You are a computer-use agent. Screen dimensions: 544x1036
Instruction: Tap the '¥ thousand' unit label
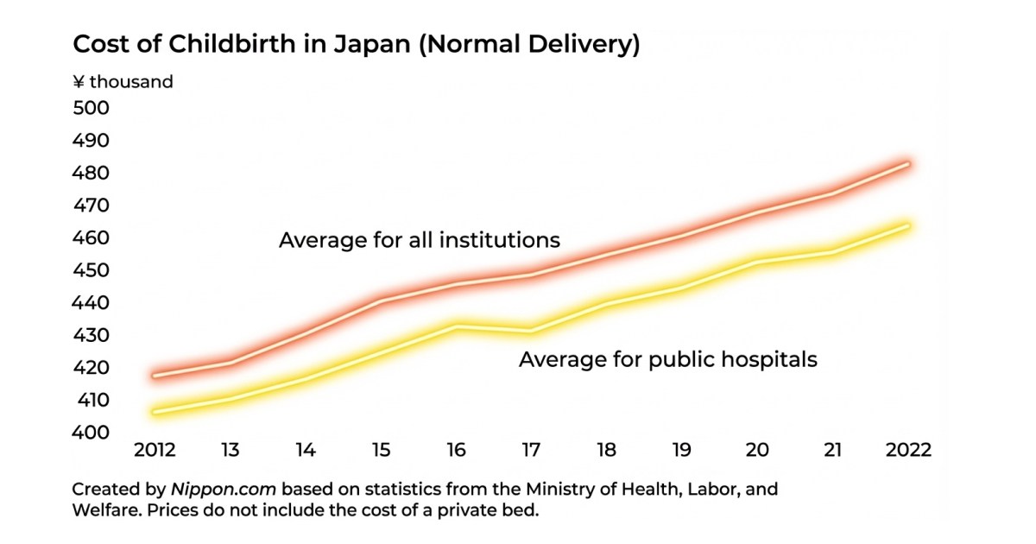tap(123, 82)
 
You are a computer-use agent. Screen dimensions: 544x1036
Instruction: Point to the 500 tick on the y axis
tap(91, 109)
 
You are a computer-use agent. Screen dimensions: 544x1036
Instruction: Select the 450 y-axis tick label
tap(91, 271)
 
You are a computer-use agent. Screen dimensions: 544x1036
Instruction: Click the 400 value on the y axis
tap(91, 433)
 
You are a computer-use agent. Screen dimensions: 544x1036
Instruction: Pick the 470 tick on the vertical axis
tap(91, 206)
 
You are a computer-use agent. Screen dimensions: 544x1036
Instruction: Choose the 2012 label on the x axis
tap(155, 451)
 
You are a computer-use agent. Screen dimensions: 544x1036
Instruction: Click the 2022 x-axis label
tap(909, 451)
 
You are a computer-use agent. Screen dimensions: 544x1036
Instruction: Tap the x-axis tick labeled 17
tap(532, 451)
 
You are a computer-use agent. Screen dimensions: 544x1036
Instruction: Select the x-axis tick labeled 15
tap(381, 451)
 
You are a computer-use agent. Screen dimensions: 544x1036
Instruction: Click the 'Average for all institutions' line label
tap(419, 240)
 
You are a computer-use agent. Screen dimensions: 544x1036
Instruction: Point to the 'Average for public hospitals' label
tap(667, 359)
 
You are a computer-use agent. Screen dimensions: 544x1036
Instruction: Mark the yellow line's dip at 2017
tap(532, 331)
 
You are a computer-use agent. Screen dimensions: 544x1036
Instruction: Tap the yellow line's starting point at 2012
tap(155, 412)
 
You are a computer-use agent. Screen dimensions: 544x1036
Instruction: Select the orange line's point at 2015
tap(381, 300)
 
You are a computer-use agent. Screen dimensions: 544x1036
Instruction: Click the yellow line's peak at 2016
tap(457, 326)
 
